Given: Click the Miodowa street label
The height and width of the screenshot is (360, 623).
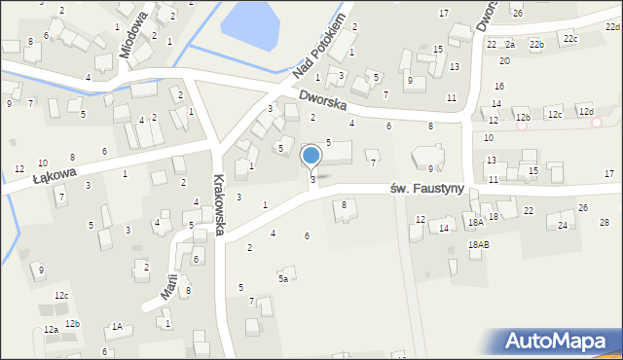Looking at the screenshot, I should (132, 35).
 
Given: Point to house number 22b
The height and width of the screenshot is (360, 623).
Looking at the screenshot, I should (536, 45).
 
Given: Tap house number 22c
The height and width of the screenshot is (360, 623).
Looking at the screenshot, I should (569, 38).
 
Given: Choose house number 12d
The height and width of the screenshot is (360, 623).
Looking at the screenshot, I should (585, 112).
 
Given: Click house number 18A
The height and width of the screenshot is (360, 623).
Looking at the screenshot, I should (475, 223).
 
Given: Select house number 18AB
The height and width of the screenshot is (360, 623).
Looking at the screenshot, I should (478, 245).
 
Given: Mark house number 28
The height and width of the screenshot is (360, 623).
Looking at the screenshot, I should (604, 223).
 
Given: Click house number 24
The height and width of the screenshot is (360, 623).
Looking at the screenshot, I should (563, 226).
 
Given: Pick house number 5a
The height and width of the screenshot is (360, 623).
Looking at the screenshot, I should (283, 279).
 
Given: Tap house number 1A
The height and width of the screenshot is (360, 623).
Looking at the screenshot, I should (117, 327).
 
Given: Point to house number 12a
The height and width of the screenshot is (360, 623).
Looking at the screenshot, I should (51, 330).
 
